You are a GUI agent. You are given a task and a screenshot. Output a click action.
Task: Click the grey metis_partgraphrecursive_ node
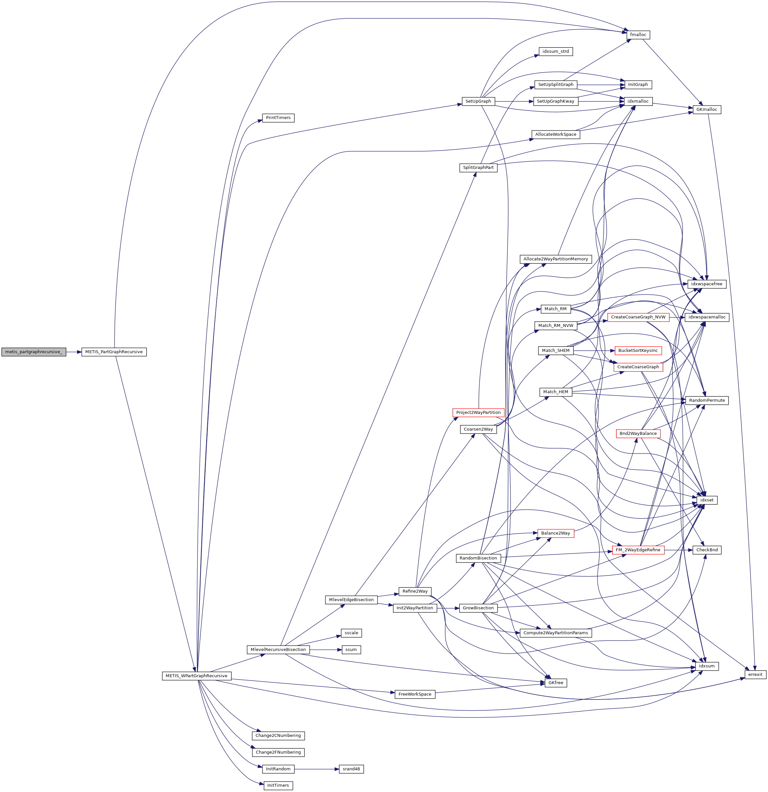pyautogui.click(x=33, y=352)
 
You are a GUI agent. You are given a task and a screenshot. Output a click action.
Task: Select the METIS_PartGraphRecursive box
pyautogui.click(x=114, y=352)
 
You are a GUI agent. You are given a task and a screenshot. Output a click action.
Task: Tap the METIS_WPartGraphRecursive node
pyautogui.click(x=197, y=676)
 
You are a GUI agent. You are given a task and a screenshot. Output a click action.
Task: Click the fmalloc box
pyautogui.click(x=638, y=35)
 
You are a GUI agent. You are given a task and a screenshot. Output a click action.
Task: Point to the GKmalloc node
pyautogui.click(x=707, y=110)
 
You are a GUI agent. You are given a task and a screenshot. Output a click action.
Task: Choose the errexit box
pyautogui.click(x=755, y=674)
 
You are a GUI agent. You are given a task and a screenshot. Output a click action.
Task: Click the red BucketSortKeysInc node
pyautogui.click(x=638, y=350)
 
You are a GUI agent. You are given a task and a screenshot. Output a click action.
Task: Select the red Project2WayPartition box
pyautogui.click(x=478, y=413)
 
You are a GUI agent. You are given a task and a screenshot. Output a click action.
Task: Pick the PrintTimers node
pyautogui.click(x=278, y=118)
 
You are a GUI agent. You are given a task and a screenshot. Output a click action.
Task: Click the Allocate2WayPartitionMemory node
pyautogui.click(x=555, y=259)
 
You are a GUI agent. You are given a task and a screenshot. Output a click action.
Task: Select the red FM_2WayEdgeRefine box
pyautogui.click(x=638, y=550)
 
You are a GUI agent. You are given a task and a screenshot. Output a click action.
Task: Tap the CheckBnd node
pyautogui.click(x=707, y=550)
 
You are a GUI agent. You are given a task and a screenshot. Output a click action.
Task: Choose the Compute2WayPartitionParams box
pyautogui.click(x=555, y=633)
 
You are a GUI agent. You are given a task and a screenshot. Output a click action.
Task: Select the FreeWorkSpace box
pyautogui.click(x=415, y=694)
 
